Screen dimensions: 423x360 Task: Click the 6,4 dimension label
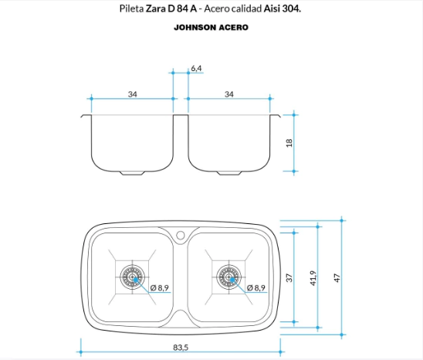tap(196, 69)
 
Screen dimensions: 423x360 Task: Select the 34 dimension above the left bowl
tap(133, 94)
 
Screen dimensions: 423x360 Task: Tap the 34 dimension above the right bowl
tap(229, 94)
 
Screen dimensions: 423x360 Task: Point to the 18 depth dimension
tap(289, 143)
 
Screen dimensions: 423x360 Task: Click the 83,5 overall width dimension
tap(181, 348)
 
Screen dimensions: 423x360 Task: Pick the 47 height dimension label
tap(337, 278)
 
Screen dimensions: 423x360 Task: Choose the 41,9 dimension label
tap(313, 278)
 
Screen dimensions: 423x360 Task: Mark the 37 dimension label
tap(289, 278)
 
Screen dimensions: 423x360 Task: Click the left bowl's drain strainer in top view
tap(133, 277)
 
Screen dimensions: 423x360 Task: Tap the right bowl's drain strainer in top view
tap(229, 277)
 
